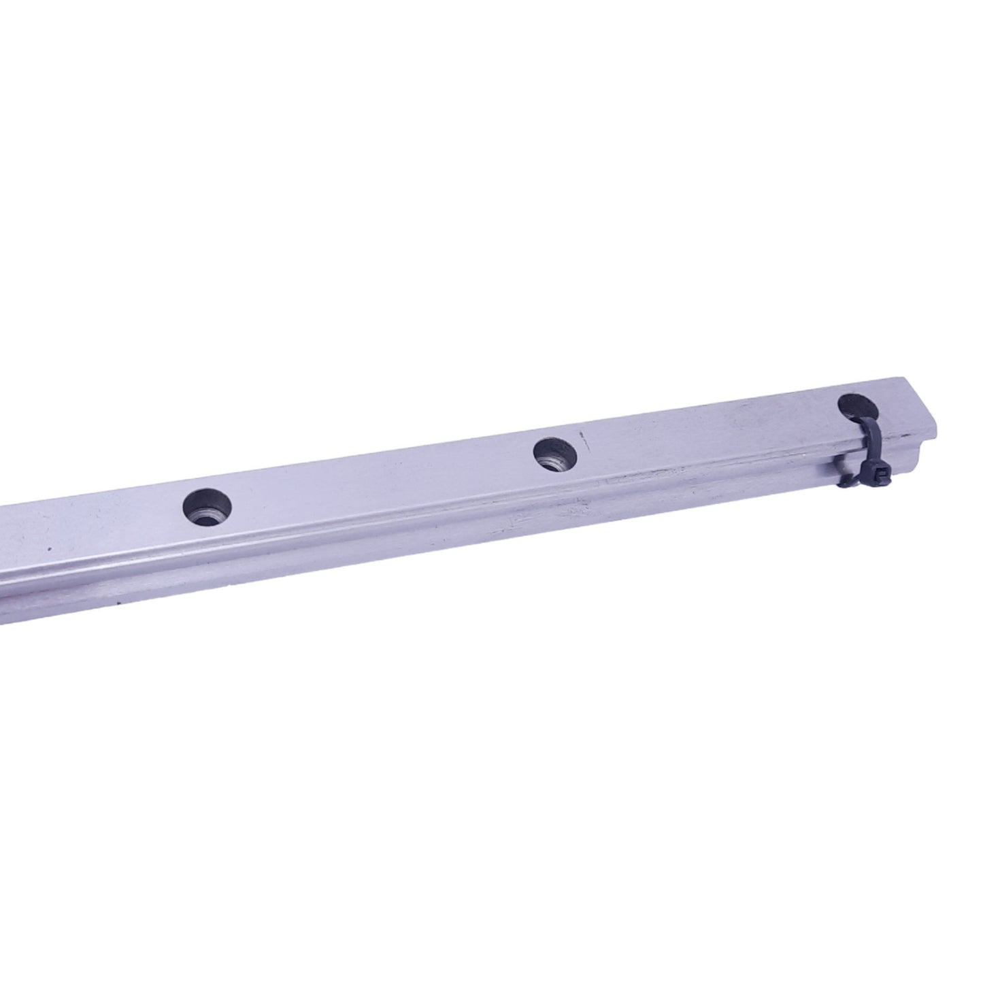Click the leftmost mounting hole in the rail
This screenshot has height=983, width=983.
[x=207, y=506]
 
